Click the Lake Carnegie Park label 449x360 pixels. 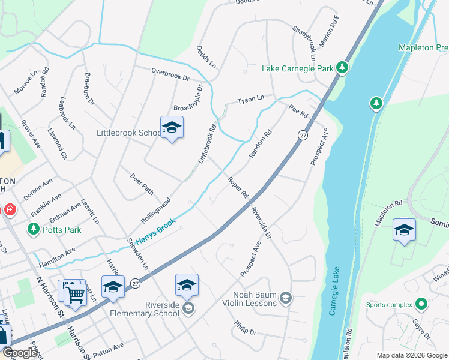click(297, 68)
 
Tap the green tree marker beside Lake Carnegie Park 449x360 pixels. click(342, 68)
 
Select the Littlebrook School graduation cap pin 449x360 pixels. click(172, 128)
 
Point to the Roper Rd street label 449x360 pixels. click(238, 187)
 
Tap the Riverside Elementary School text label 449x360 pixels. click(145, 308)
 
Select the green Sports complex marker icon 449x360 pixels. click(422, 304)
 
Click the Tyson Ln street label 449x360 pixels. click(250, 100)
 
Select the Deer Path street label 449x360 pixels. click(142, 183)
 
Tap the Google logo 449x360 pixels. click(20, 353)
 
